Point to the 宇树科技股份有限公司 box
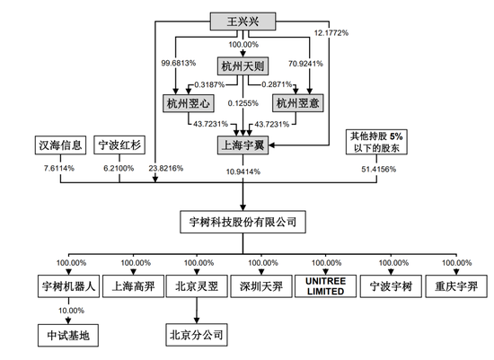coord(246,221)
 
